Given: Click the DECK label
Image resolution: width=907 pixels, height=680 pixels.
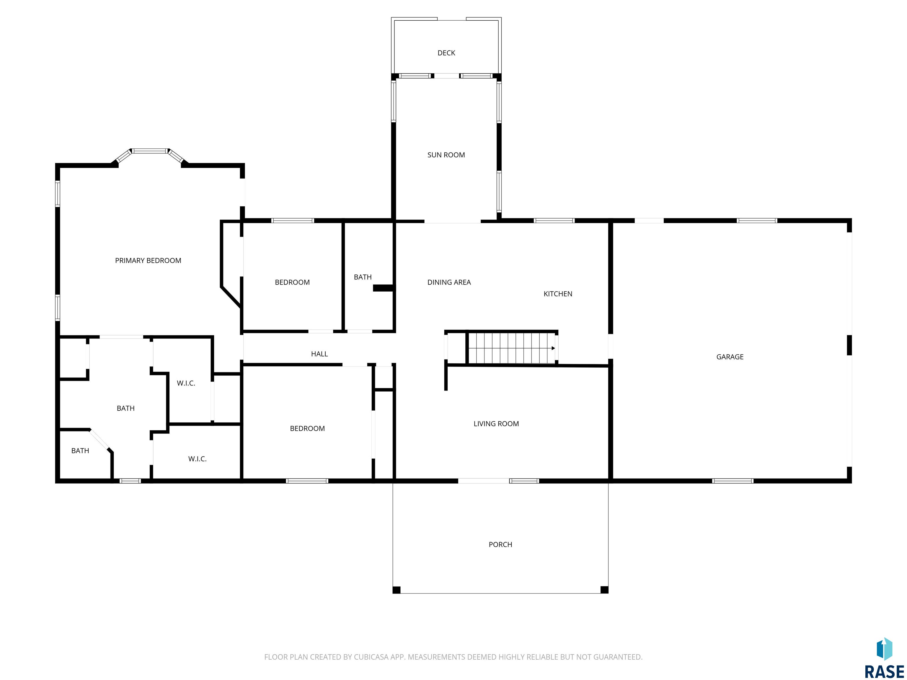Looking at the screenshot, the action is [446, 53].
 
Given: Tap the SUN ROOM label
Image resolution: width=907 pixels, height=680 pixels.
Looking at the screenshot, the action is [446, 155].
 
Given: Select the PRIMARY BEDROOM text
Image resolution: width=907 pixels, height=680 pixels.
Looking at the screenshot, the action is [148, 261].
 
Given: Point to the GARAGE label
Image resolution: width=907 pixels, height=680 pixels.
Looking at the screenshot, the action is [730, 357].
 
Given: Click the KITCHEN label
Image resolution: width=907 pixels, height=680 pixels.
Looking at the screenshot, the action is [558, 294].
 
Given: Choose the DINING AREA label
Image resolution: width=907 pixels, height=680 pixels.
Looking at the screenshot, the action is [449, 282].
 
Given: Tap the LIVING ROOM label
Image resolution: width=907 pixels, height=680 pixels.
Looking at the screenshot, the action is [496, 424].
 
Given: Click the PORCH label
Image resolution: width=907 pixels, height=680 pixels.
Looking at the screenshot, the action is [500, 545].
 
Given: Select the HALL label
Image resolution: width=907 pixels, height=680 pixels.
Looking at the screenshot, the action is [319, 354].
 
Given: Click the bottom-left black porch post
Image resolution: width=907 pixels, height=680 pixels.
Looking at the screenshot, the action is [397, 590].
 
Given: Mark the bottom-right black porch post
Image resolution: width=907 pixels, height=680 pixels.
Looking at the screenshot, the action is [604, 590].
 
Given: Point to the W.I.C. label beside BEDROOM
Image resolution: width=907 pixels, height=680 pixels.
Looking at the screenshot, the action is [197, 459].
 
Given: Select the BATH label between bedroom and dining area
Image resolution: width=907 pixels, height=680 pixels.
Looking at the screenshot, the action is [363, 277].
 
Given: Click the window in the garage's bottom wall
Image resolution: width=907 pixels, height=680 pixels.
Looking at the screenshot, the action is [733, 481].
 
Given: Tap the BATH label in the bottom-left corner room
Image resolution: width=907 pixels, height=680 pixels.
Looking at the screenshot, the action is [80, 451].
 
